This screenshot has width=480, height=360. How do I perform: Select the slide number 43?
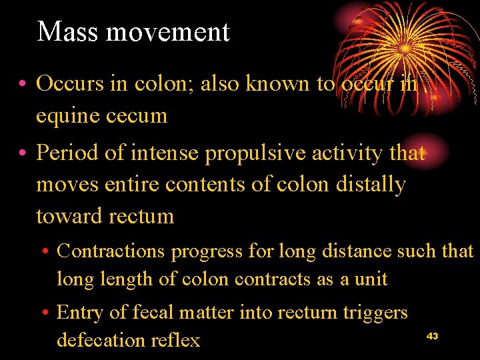432,336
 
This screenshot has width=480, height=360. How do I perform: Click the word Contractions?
111,251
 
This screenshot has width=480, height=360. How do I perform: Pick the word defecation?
109,340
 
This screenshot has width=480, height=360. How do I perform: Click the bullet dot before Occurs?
23,84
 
